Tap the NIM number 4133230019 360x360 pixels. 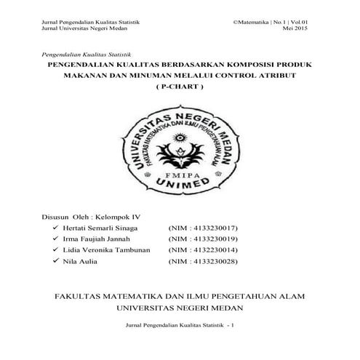[212, 238]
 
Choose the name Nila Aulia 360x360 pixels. [81, 260]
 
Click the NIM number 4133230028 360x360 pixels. [212, 260]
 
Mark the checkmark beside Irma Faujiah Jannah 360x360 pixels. [55, 238]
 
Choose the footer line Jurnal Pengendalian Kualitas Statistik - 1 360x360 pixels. [180, 324]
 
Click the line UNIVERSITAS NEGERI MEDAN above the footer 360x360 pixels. [180, 308]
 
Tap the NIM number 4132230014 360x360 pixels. [212, 249]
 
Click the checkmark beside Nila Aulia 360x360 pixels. [55, 260]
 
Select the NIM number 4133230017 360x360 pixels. [212, 227]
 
